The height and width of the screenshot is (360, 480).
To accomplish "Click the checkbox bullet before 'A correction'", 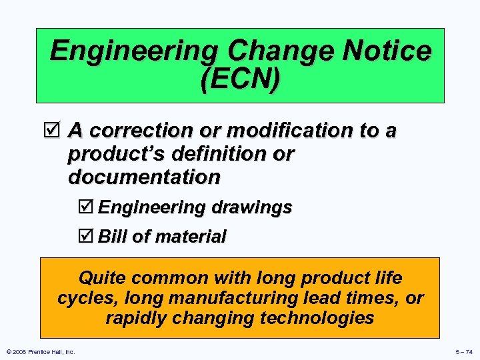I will pyautogui.click(x=56, y=129).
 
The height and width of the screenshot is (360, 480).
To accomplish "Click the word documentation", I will pyautogui.click(x=144, y=178).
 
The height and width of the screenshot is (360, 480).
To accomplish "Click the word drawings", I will pyautogui.click(x=253, y=208).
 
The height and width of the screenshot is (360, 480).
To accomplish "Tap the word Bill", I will pyautogui.click(x=113, y=236).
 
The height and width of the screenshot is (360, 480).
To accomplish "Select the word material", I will pyautogui.click(x=192, y=237).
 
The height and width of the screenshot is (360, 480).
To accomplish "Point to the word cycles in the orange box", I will pyautogui.click(x=81, y=298).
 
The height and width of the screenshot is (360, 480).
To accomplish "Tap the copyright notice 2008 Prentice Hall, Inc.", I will pyautogui.click(x=40, y=351).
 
